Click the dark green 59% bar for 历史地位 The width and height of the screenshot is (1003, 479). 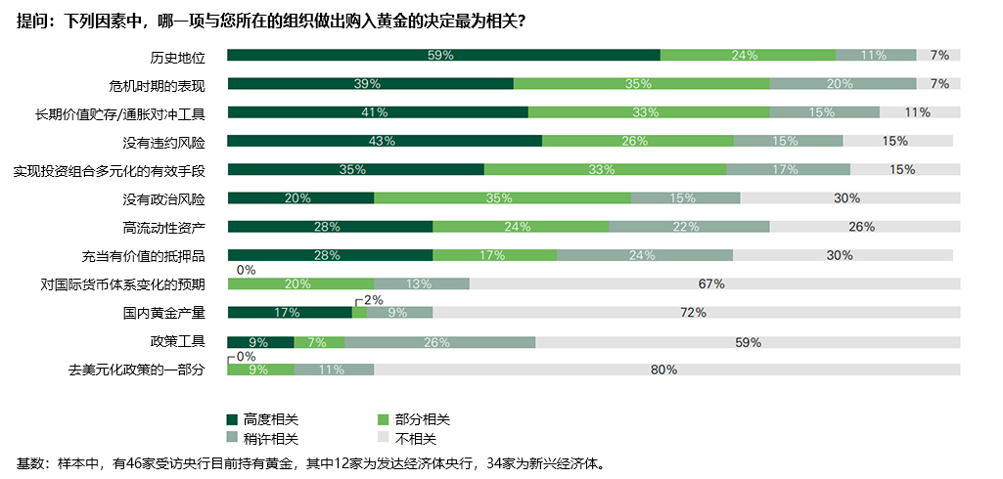443,56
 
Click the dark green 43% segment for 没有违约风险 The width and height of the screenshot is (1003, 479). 384,142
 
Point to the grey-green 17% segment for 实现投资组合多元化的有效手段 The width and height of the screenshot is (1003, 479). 787,170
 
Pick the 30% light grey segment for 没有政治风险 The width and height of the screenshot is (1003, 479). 849,198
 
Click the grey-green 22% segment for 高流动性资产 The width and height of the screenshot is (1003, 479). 688,227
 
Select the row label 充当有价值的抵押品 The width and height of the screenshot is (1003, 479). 143,256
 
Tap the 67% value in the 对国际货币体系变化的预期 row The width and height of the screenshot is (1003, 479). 710,284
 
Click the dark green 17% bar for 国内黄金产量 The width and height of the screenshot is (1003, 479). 289,313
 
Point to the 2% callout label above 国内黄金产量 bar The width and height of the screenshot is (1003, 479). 373,300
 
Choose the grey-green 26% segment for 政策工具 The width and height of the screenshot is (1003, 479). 438,342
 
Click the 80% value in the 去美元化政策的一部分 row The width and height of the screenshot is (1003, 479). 664,370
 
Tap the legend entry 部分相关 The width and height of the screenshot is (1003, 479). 423,418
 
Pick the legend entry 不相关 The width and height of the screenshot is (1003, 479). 416,439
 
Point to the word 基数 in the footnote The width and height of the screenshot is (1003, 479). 30,463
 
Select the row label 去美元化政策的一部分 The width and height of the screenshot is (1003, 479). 136,370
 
